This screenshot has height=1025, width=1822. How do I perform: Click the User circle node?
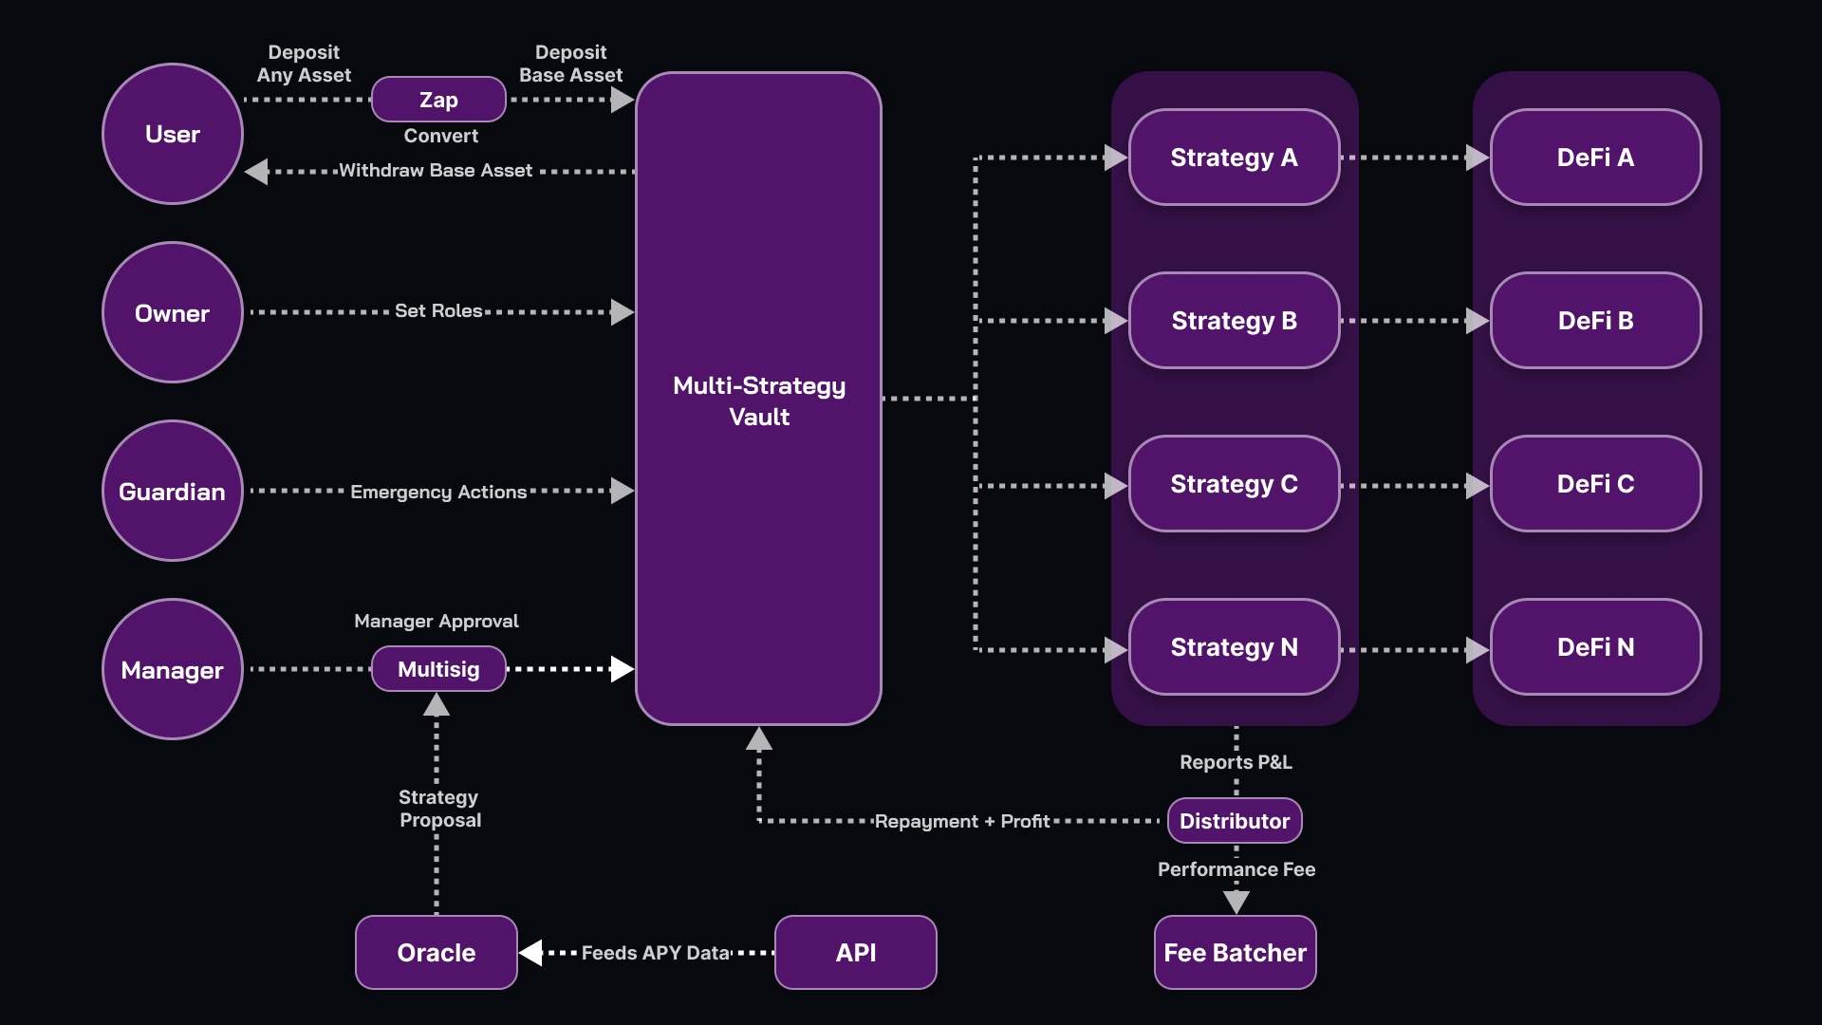172,134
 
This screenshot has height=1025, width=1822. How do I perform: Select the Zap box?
438,100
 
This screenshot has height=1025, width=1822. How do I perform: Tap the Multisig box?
438,669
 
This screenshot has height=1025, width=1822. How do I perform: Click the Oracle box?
436,952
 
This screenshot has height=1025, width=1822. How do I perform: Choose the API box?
855,952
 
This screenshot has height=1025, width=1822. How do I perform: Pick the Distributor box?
1234,821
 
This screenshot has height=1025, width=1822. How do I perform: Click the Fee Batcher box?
1235,952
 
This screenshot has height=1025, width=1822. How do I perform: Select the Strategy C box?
1234,484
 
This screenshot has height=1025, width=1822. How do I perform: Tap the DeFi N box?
1595,647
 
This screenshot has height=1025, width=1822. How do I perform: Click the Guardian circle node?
172,492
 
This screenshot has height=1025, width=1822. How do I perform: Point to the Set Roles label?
438,310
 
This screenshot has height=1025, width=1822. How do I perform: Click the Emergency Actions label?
438,492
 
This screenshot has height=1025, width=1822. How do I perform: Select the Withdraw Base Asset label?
436,171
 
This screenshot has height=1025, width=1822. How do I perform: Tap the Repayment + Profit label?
961,821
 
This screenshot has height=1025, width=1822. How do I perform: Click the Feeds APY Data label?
656,953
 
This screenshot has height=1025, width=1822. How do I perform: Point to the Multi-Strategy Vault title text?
758,401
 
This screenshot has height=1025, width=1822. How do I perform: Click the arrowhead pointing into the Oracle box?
531,952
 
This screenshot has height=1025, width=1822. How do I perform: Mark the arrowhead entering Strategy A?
1115,158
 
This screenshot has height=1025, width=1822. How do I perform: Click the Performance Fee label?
1236,869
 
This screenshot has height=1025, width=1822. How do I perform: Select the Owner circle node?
172,313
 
